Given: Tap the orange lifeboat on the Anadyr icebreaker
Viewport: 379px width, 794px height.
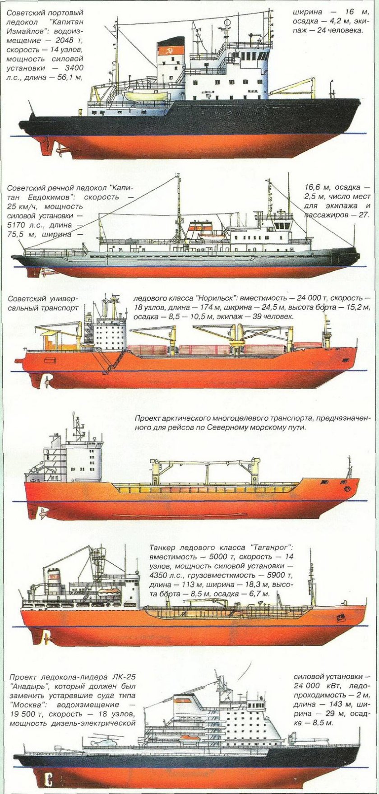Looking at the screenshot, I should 189,738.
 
